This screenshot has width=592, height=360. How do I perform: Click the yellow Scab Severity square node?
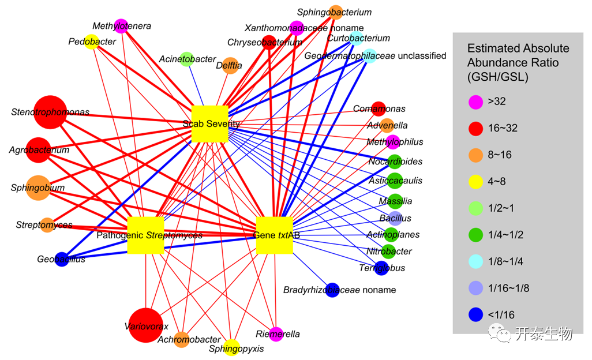(x=210, y=123)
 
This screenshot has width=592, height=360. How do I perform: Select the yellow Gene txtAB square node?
(x=274, y=235)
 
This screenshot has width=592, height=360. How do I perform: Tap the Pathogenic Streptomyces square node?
(x=145, y=235)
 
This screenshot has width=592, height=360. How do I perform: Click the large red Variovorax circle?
(x=148, y=325)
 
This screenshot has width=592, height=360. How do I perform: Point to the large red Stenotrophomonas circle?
(x=50, y=112)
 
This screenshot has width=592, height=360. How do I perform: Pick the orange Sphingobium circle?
(x=38, y=188)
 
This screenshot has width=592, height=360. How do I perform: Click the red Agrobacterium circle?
(x=39, y=150)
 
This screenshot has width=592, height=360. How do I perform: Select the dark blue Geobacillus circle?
(x=62, y=259)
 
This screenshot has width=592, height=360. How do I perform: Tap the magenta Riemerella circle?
(x=277, y=334)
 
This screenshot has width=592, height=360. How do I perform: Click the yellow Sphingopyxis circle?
(x=231, y=348)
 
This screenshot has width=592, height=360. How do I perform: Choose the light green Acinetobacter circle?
(x=186, y=59)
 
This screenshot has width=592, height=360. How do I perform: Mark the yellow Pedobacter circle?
(x=91, y=42)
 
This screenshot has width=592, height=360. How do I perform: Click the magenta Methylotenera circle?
(x=121, y=26)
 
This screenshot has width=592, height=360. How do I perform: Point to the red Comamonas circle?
(x=378, y=108)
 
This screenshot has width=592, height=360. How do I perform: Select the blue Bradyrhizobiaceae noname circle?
(x=332, y=290)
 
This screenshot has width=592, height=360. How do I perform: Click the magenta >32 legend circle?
(x=475, y=102)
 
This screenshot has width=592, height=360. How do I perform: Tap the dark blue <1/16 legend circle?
(x=475, y=314)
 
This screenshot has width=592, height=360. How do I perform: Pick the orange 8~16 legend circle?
(x=475, y=155)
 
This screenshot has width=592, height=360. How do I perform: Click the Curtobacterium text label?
(x=358, y=38)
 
